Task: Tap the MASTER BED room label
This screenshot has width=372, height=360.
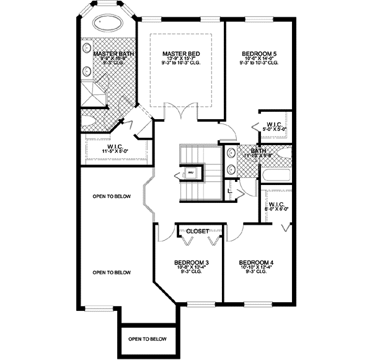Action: pos(180,54)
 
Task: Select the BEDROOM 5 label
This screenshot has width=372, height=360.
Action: pos(259,54)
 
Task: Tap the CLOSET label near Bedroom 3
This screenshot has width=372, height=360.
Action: pos(198,231)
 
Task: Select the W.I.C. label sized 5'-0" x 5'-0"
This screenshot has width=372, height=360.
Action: pos(274,124)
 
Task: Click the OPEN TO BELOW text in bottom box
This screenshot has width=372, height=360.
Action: pos(148,339)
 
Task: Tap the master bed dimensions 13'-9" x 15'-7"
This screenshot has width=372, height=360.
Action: pos(180,59)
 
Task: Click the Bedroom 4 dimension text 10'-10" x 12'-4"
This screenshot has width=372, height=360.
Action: pos(255,269)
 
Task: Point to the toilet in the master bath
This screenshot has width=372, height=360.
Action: pos(88,120)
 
